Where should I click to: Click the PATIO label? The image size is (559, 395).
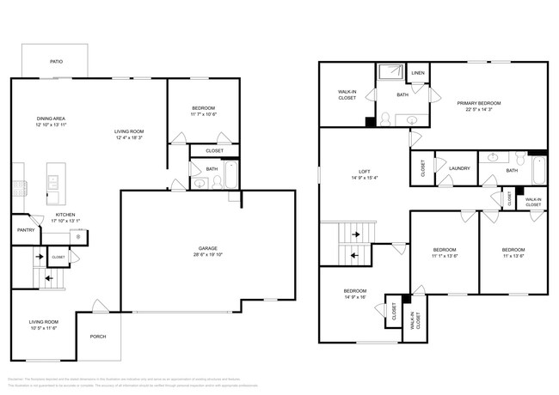point(56,62)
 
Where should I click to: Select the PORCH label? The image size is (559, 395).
point(98,336)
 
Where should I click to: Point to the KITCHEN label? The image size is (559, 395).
point(66,215)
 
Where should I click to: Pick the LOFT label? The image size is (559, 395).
point(363,171)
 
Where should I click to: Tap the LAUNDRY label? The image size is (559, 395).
point(459,168)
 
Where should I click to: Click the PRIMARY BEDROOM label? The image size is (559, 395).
point(479,103)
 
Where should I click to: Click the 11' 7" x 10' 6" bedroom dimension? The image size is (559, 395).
point(203,113)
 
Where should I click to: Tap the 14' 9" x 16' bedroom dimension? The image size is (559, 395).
point(354,296)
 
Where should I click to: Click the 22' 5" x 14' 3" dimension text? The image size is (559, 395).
point(479,109)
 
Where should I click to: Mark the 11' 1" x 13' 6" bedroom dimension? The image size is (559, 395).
point(444,256)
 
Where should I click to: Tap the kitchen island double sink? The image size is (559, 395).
point(53,182)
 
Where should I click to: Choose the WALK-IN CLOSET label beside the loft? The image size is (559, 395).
point(347,95)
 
